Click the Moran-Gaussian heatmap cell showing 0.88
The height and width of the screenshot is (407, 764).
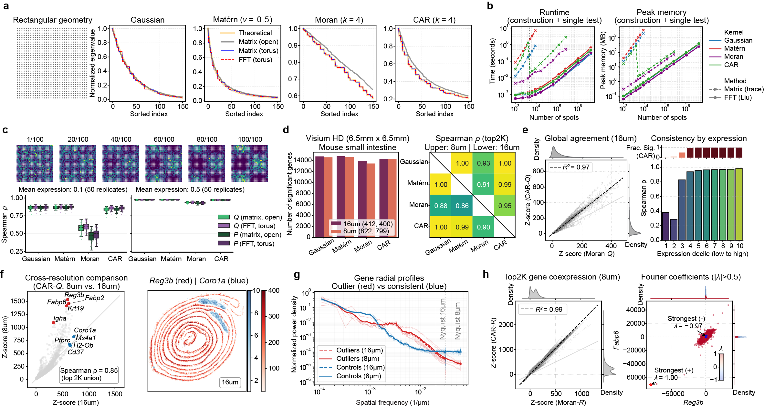(x=440, y=206)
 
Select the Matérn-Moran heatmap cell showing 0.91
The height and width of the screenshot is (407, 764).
(x=483, y=184)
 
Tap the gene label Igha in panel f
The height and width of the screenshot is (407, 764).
(x=60, y=318)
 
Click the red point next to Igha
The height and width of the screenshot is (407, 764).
(x=54, y=322)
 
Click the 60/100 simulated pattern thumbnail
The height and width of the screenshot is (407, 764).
(x=164, y=163)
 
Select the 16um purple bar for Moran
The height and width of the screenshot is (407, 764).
(x=362, y=199)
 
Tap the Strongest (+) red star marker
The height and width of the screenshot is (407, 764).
(x=651, y=385)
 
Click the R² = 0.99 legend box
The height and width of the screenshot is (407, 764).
(x=542, y=310)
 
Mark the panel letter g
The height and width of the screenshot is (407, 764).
(x=297, y=275)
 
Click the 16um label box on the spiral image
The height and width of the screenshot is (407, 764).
(x=230, y=382)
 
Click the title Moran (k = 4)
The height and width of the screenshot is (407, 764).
(x=339, y=20)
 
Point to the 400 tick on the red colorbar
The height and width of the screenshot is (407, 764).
(x=274, y=290)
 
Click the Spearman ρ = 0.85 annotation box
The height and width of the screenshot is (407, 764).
(x=89, y=374)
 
